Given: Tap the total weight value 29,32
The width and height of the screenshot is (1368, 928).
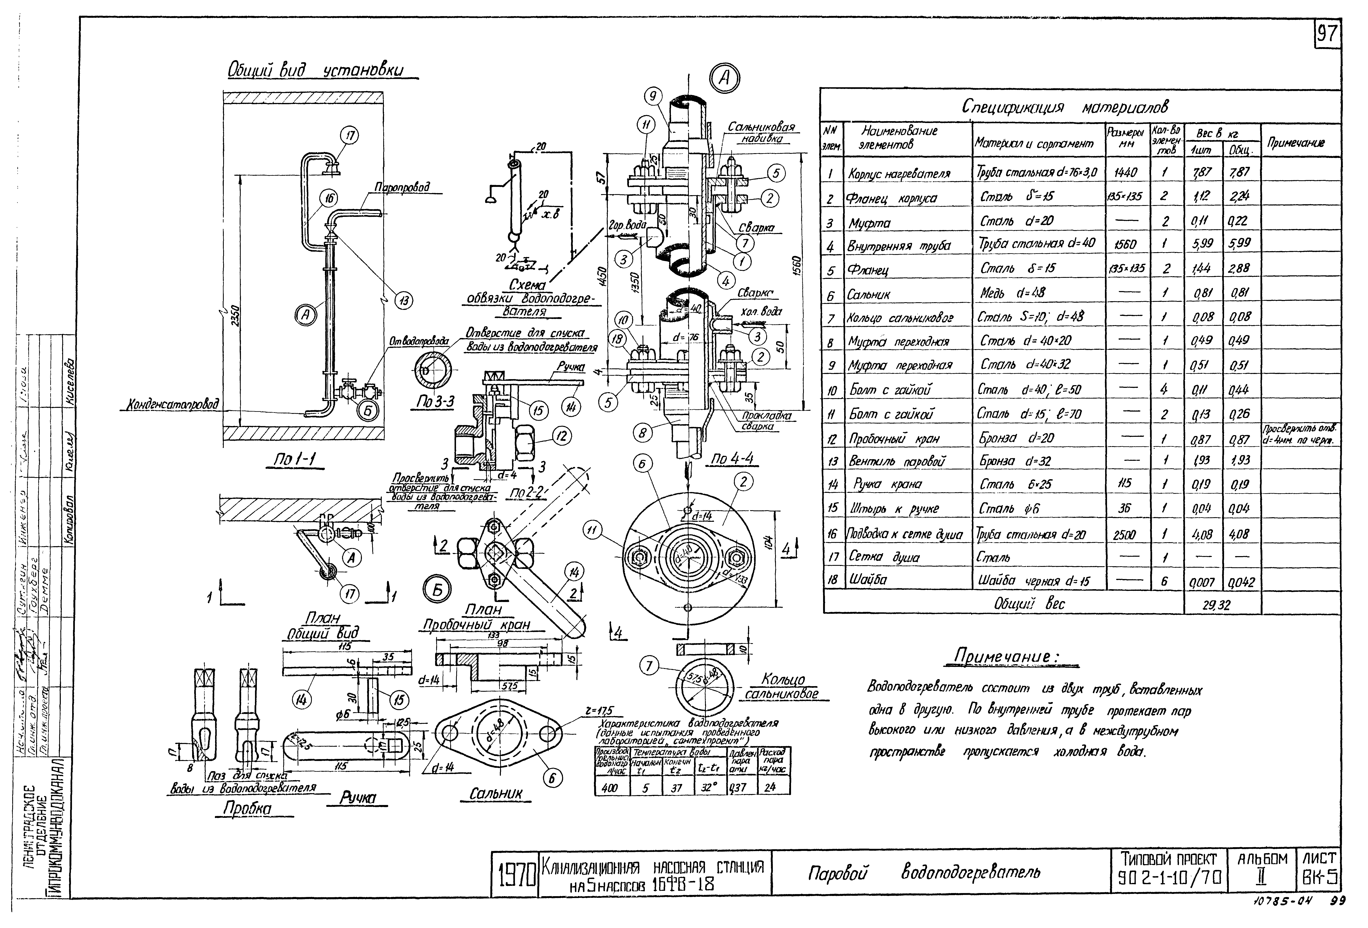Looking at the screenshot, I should click(1216, 604).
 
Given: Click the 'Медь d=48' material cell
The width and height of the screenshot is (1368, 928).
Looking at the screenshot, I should click(1013, 293).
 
